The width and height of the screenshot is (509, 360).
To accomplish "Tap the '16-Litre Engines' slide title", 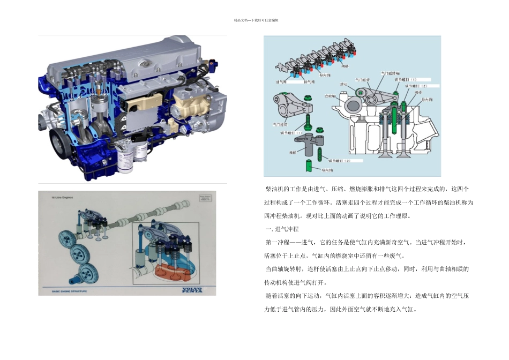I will [x=63, y=198].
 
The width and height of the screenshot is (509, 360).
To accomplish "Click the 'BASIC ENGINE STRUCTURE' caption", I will [x=69, y=291].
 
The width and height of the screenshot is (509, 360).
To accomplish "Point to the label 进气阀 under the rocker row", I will [x=281, y=82].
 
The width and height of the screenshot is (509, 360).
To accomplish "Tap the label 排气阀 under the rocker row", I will [x=309, y=82].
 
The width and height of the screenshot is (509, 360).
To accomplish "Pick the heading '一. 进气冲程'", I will [x=282, y=229].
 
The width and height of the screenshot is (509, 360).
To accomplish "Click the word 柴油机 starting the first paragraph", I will [x=275, y=189].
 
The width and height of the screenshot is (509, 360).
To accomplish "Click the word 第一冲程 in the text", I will [x=278, y=242].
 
